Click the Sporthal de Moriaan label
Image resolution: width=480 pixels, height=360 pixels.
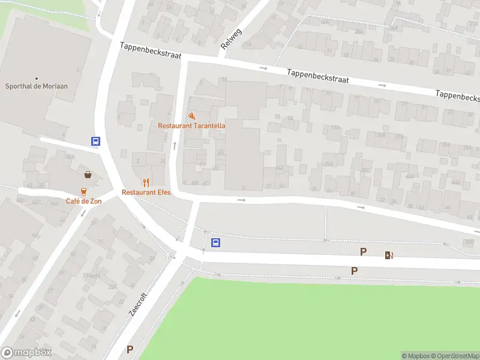pos(37,86)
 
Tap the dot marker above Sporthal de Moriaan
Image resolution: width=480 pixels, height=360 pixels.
pos(37,78)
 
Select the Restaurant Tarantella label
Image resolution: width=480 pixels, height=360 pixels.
pos(191,125)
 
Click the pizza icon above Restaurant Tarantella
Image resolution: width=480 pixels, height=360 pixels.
pos(191,116)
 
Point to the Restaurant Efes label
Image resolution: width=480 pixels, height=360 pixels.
pos(146,192)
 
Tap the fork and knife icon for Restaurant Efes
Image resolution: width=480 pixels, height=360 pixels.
pos(146,182)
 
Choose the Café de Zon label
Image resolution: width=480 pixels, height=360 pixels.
pos(83,201)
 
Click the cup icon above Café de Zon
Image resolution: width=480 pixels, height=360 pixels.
pos(83,191)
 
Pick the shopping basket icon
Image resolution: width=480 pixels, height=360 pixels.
pos(88,175)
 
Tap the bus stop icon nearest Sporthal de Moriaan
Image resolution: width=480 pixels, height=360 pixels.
pos(95,142)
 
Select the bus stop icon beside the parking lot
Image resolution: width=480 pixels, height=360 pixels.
pos(216,243)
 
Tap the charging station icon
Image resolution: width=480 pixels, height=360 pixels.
pos(389,255)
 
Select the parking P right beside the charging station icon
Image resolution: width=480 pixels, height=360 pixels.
pos(363,252)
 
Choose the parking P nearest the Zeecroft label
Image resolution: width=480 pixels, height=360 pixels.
pos(130,349)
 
